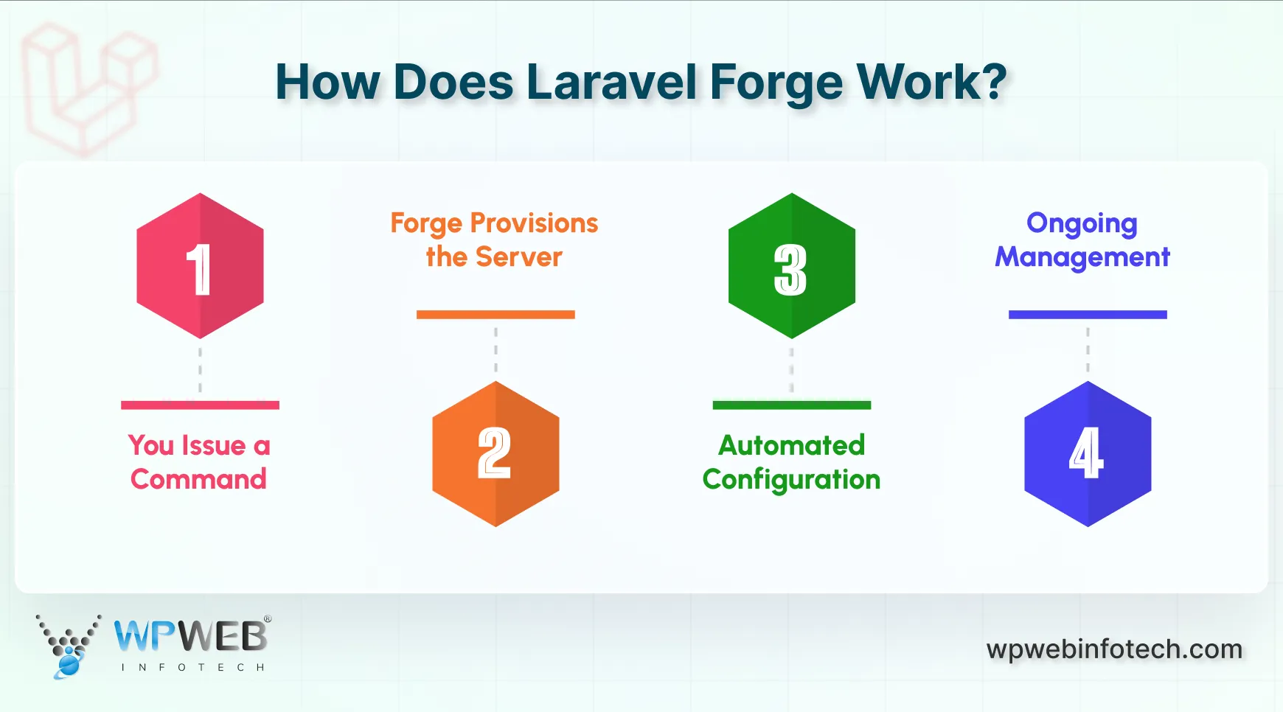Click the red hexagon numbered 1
pyautogui.click(x=200, y=266)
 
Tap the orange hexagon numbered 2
pyautogui.click(x=496, y=454)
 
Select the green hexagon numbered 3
pyautogui.click(x=791, y=266)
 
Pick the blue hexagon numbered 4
pyautogui.click(x=1088, y=454)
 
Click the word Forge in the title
pyautogui.click(x=776, y=83)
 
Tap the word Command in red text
pyautogui.click(x=198, y=480)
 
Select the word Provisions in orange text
pyautogui.click(x=534, y=223)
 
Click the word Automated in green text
pyautogui.click(x=791, y=446)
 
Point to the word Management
pyautogui.click(x=1082, y=257)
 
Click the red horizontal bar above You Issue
pyautogui.click(x=200, y=405)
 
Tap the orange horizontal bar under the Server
pyautogui.click(x=496, y=315)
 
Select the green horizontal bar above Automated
pyautogui.click(x=791, y=405)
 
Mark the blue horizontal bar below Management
pyautogui.click(x=1088, y=315)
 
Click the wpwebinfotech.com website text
pyautogui.click(x=1114, y=649)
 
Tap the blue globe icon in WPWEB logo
pyautogui.click(x=69, y=665)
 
